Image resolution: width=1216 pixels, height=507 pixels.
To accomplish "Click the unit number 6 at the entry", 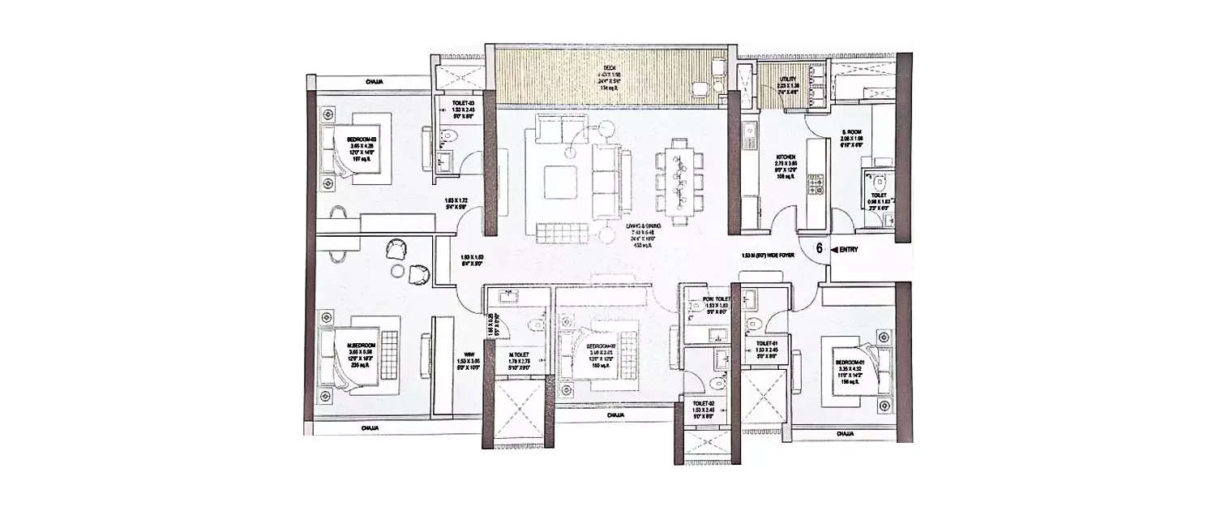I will pyautogui.click(x=819, y=249).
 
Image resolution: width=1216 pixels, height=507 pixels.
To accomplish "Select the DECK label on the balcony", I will pyautogui.click(x=608, y=67).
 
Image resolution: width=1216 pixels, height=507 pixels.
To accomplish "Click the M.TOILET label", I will pyautogui.click(x=519, y=354).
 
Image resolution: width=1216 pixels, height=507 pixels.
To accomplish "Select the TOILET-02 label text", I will pyautogui.click(x=702, y=403).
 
